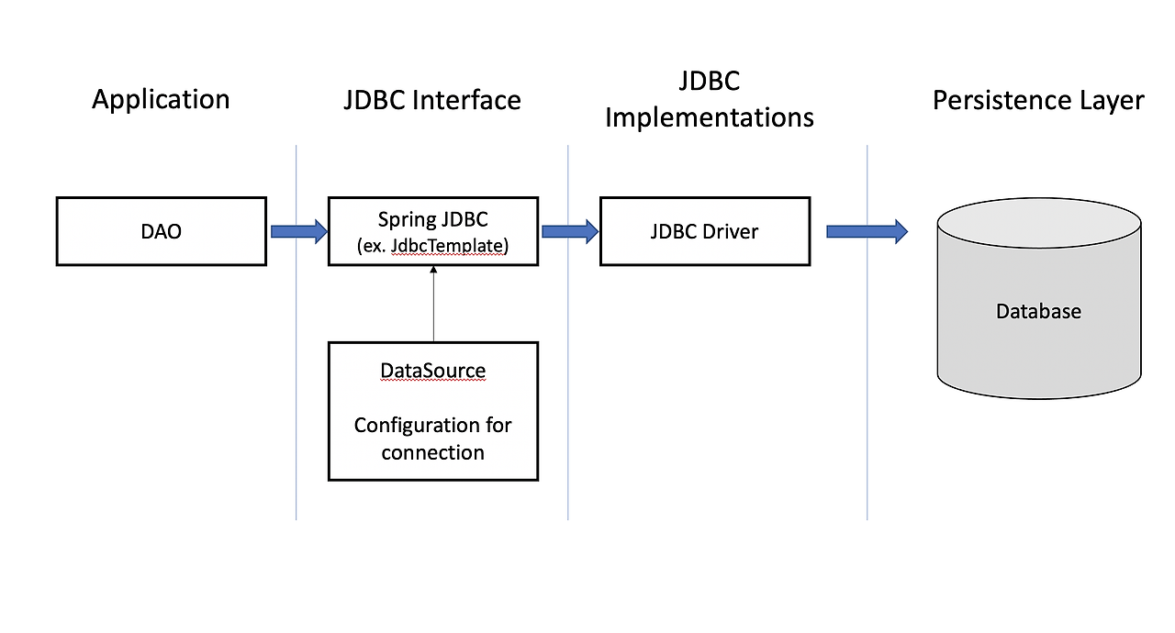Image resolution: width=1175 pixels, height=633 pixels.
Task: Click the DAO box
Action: (x=162, y=231)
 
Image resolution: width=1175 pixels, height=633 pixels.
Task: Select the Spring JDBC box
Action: (x=432, y=231)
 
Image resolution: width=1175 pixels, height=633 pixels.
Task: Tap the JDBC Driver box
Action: (x=704, y=231)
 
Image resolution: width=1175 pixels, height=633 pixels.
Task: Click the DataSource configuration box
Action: (x=432, y=411)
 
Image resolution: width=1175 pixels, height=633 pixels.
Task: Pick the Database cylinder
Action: (x=1039, y=303)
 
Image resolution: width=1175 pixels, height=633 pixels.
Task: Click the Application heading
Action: (x=161, y=99)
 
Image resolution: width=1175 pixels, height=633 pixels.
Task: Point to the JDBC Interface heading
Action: (x=432, y=100)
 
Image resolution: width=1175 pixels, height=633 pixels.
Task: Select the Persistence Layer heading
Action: (x=1038, y=100)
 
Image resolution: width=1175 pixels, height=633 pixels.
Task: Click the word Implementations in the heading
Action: (x=710, y=117)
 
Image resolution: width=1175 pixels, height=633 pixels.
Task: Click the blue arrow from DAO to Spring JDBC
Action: (x=298, y=231)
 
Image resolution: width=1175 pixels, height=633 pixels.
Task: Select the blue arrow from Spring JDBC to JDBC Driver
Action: (x=569, y=231)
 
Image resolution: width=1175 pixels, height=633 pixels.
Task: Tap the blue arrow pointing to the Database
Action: (x=867, y=231)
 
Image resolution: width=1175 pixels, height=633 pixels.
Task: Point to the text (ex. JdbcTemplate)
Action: (x=432, y=245)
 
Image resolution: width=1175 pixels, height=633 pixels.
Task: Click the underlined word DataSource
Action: (x=432, y=371)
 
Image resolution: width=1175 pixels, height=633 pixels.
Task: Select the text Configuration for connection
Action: (x=432, y=439)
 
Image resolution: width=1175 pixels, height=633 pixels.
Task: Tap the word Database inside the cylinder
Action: (x=1038, y=312)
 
